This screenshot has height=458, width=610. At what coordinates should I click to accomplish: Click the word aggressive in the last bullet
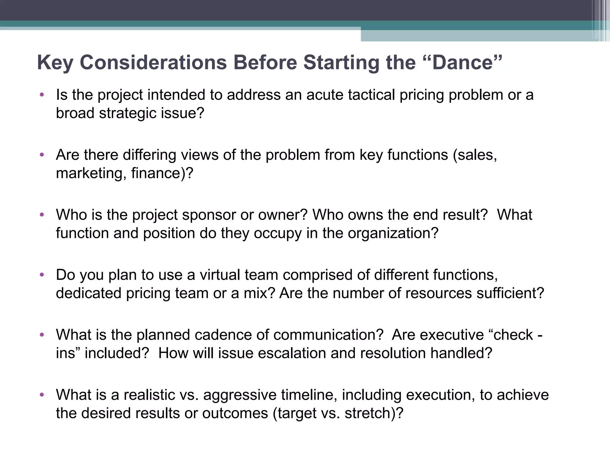[x=240, y=395]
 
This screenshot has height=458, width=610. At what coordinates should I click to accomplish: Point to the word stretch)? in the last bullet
[x=374, y=413]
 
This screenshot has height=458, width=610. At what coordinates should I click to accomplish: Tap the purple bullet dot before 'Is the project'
[x=42, y=95]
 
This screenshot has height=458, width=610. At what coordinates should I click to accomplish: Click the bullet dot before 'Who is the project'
[x=42, y=215]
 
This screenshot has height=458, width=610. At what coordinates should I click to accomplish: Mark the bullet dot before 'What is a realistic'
[x=42, y=395]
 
